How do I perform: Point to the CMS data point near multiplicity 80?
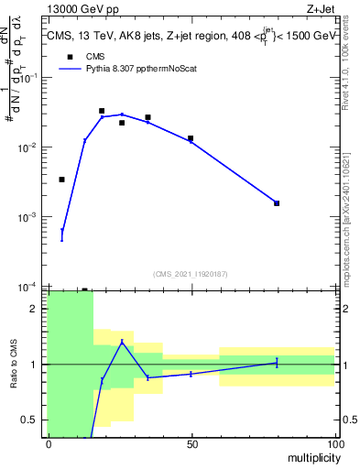pos(277,203)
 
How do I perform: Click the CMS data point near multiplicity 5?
pos(61,180)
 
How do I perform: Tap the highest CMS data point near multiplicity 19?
pos(102,111)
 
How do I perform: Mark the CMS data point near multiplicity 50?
pos(191,138)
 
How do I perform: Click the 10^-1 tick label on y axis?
pos(32,79)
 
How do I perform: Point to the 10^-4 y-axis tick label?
pos(32,287)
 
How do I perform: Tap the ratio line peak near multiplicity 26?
pos(122,342)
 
